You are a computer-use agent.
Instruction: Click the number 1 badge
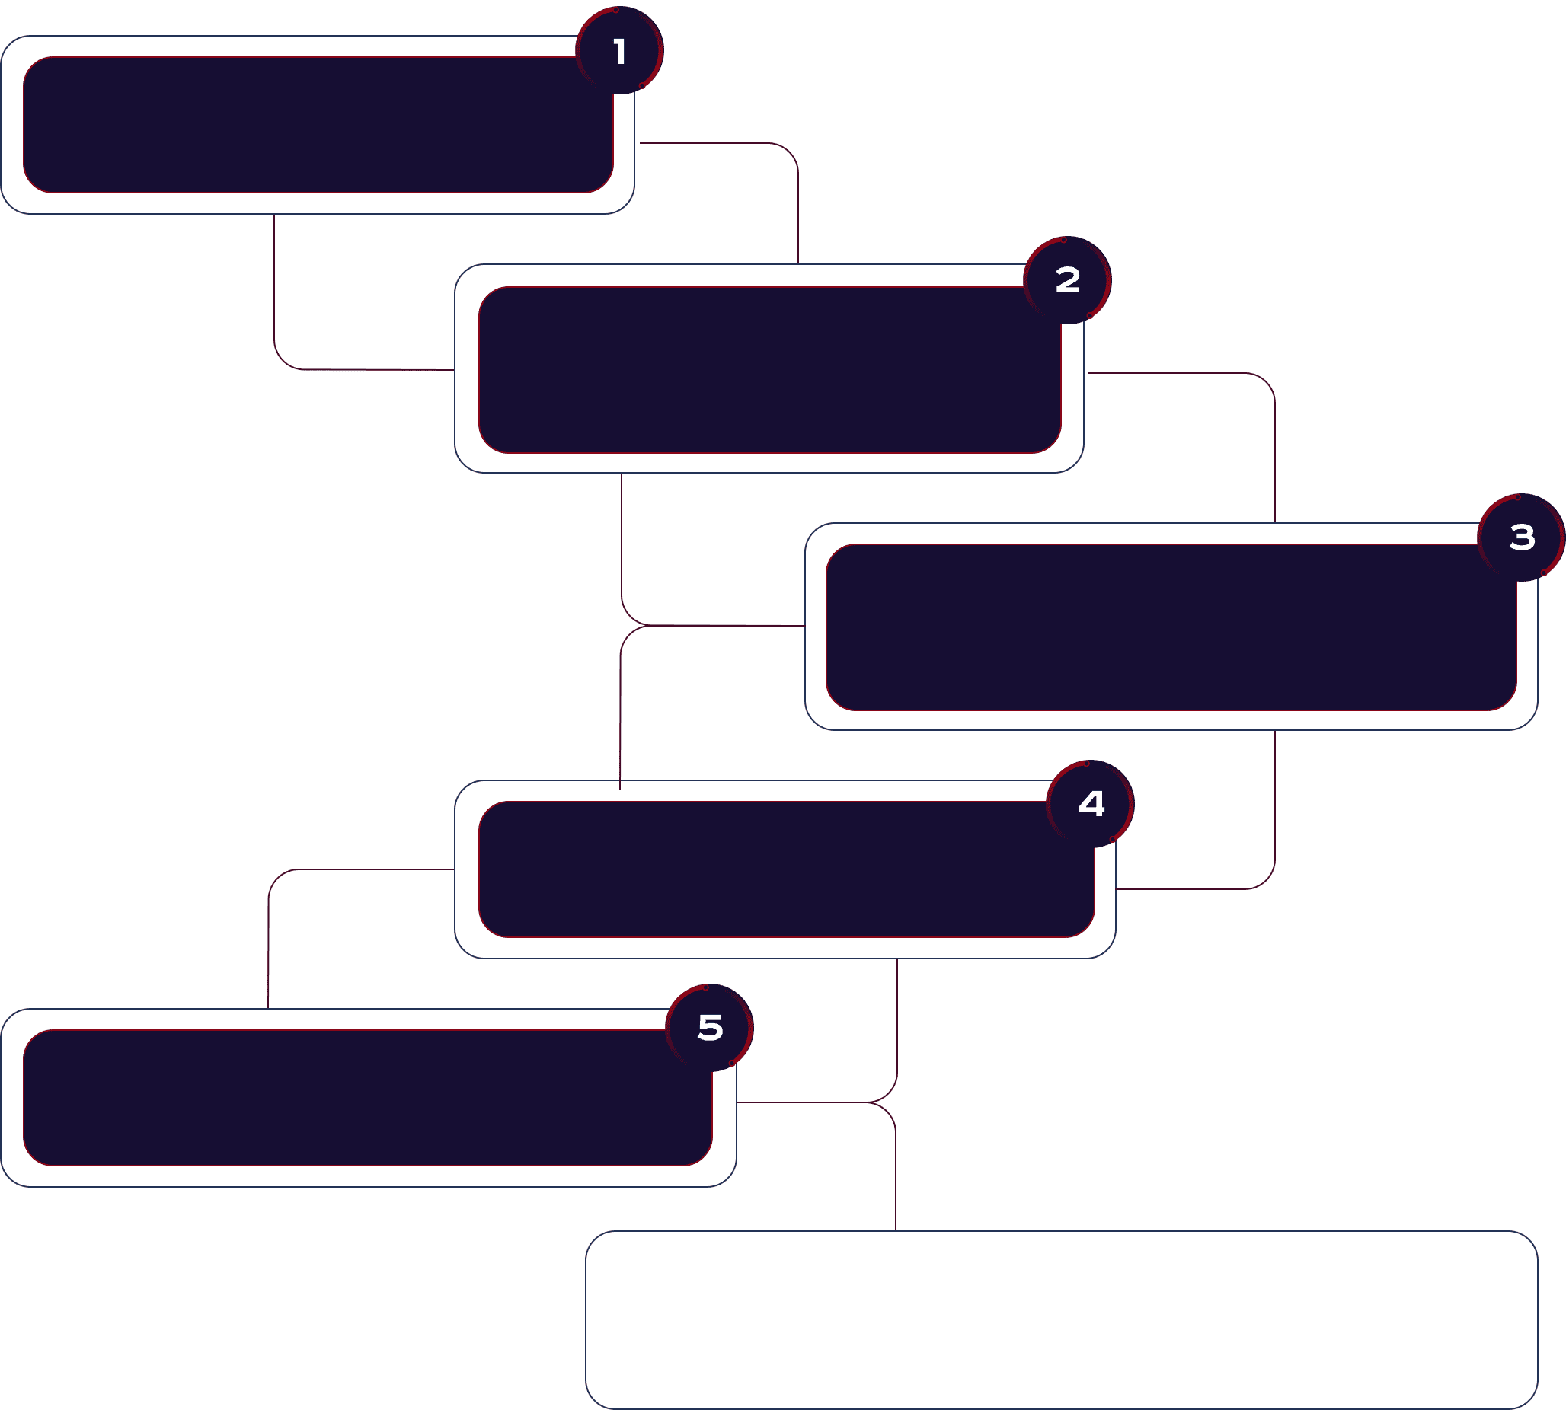(x=619, y=51)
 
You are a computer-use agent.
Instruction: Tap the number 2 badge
(x=1068, y=279)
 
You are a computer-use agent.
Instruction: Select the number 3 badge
(x=1522, y=538)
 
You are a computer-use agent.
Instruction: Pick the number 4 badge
(x=1091, y=804)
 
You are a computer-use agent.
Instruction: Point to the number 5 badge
(x=710, y=1028)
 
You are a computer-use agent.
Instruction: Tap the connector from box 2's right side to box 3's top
(x=1274, y=449)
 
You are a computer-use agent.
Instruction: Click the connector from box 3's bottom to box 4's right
(x=1274, y=813)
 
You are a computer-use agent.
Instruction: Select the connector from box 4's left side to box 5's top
(x=269, y=937)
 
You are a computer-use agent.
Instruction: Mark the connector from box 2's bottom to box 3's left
(x=622, y=542)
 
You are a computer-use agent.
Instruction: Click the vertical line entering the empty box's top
(x=896, y=1170)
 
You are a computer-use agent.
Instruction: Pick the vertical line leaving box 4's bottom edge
(x=897, y=1022)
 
